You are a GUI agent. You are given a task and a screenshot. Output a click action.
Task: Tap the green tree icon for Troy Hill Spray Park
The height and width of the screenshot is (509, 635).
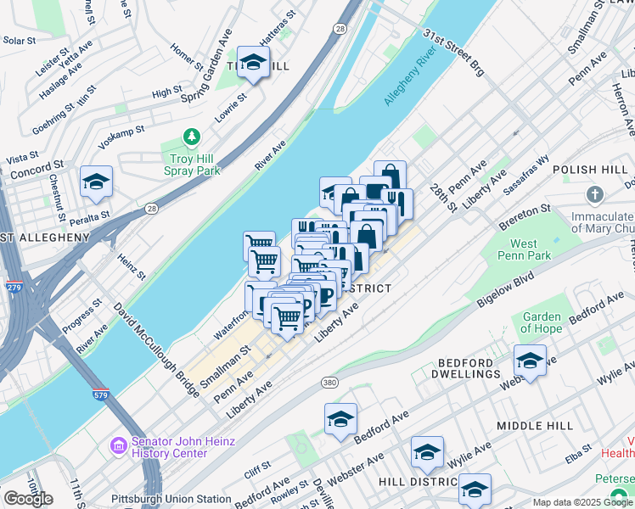pos(193,137)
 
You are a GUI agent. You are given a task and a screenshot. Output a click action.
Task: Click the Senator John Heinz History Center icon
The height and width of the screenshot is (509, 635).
pos(117,445)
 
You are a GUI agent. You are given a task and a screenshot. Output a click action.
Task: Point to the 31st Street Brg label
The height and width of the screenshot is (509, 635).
pos(453,53)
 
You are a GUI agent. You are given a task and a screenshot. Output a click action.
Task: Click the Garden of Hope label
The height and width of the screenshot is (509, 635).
pos(541,322)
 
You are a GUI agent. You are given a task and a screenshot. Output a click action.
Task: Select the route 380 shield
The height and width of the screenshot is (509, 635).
pos(330,384)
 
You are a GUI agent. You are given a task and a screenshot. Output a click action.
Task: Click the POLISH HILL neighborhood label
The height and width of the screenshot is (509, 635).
pos(588,170)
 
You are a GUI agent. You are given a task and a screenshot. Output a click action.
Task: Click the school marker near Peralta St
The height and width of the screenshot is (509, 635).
pos(97,182)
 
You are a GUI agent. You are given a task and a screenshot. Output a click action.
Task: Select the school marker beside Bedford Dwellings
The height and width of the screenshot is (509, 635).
pos(530,362)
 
